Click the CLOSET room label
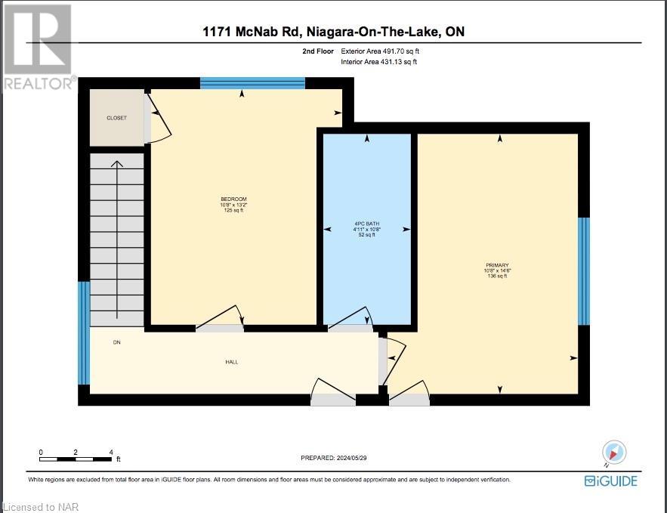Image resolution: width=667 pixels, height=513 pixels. (x=116, y=118)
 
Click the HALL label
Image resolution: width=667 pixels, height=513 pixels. (x=232, y=362)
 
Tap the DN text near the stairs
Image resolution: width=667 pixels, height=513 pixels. (x=116, y=342)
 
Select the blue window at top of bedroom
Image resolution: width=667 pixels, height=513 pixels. (x=252, y=82)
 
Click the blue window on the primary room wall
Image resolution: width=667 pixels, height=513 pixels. (x=583, y=270)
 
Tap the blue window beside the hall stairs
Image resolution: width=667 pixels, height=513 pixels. (x=84, y=332)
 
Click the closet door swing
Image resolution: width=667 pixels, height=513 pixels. (x=157, y=117)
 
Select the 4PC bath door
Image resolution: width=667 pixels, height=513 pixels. (x=352, y=320)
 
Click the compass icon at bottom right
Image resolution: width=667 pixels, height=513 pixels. (x=614, y=452)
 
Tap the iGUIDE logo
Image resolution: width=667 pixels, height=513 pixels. (x=611, y=481)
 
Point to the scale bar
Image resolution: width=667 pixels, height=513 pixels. (x=77, y=458)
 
